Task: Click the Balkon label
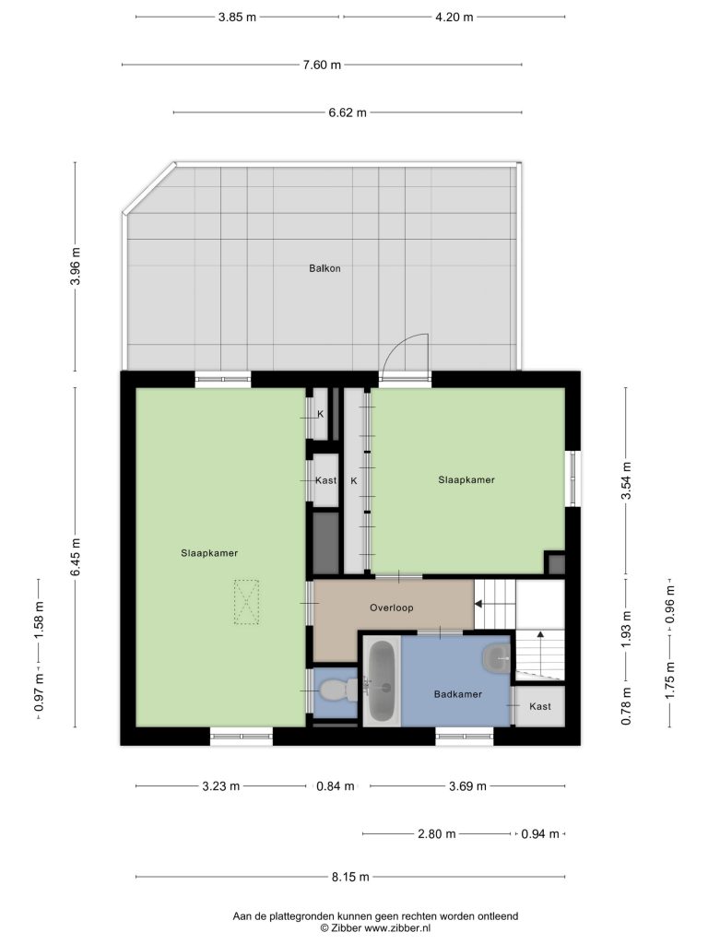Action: (324, 268)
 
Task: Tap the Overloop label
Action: (391, 608)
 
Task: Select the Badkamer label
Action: (458, 694)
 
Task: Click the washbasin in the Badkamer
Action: (497, 658)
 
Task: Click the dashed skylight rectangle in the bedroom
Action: (246, 602)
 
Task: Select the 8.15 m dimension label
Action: (350, 878)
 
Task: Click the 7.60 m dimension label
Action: (322, 65)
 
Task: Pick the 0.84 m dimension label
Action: (336, 786)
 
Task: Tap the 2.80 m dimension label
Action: (436, 833)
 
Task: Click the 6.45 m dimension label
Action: (76, 557)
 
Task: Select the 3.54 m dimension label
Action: (627, 480)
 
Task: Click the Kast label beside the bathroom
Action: (540, 706)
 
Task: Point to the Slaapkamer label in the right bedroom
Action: (466, 479)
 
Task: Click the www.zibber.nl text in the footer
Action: (397, 927)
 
